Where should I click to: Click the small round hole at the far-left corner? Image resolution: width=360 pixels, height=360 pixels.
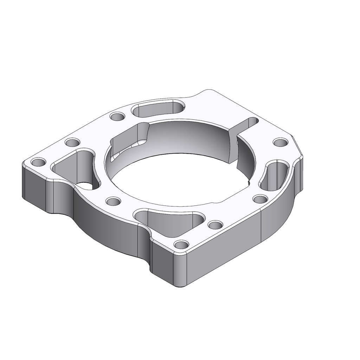pos(39,162)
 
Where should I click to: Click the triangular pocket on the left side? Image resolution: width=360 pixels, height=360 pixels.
pos(76,167)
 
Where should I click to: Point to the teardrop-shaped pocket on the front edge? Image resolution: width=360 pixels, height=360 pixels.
pos(172,221)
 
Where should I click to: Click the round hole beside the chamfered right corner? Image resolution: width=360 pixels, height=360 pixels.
pos(281,142)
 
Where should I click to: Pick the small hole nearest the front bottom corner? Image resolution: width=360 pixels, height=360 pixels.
pos(181,244)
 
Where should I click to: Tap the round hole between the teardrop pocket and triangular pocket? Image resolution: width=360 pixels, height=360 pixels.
pos(113,201)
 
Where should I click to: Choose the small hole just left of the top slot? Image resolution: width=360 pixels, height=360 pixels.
pos(117,116)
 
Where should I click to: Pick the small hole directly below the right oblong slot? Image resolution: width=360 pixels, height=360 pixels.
pos(261,200)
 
